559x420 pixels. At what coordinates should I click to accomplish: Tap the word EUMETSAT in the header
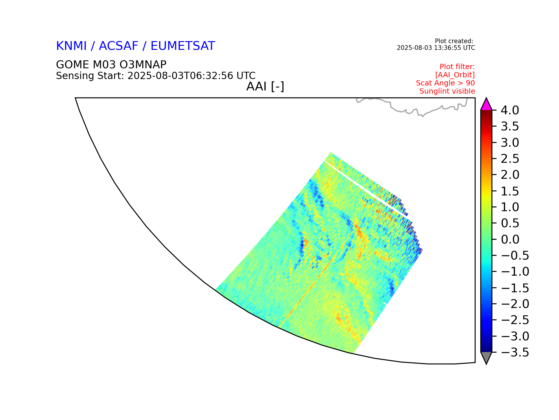click(x=183, y=46)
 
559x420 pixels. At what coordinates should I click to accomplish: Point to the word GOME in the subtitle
click(x=72, y=64)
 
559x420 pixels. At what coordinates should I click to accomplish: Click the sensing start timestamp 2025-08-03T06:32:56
click(x=181, y=76)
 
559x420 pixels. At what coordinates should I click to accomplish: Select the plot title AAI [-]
click(x=265, y=87)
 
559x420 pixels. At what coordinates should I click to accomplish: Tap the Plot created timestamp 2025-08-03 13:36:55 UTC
click(x=436, y=48)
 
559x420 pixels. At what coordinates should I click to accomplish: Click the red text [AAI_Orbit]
click(x=455, y=75)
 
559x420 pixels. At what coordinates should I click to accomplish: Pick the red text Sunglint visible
click(x=447, y=91)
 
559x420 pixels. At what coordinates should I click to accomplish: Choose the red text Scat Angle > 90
click(x=445, y=83)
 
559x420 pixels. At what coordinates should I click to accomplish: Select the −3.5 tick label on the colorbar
click(x=515, y=352)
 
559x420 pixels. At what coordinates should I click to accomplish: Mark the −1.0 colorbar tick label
click(x=515, y=272)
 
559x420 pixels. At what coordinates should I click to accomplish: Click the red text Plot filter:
click(x=457, y=67)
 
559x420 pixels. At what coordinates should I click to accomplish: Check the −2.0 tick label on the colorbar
click(x=515, y=304)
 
